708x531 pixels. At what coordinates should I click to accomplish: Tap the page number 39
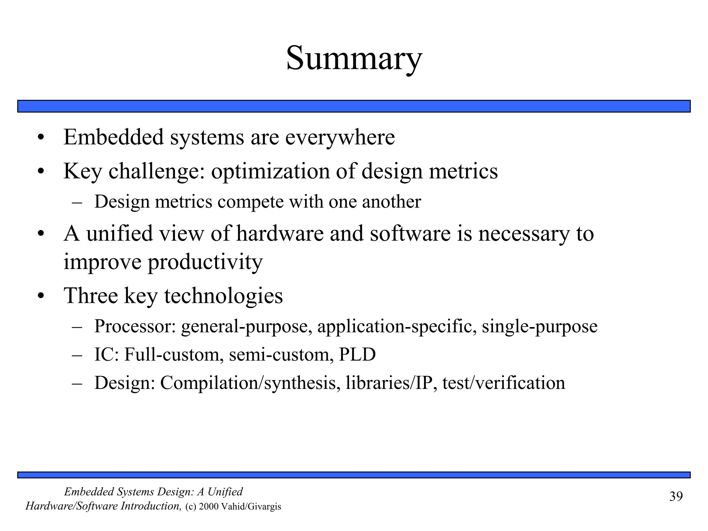(676, 496)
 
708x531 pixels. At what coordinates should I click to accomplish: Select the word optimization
(270, 171)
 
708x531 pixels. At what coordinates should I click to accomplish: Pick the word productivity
(205, 262)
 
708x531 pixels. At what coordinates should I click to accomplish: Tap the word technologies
(223, 296)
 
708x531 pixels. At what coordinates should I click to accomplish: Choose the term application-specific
(397, 326)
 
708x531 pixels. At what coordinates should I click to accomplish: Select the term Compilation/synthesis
(248, 383)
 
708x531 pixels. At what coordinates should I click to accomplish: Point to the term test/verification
(503, 383)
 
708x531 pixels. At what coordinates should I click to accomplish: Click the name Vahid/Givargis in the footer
(251, 507)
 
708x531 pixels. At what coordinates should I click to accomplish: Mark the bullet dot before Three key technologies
(41, 297)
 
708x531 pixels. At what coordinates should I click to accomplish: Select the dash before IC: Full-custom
(77, 355)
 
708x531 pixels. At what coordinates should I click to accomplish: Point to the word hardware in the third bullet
(280, 233)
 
